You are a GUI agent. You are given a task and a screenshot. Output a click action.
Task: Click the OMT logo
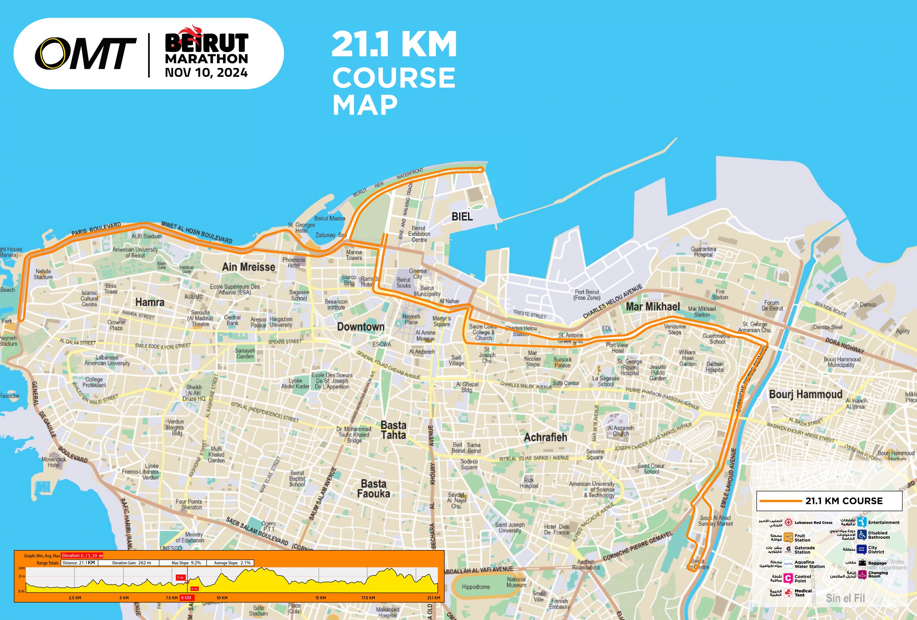point(85,54)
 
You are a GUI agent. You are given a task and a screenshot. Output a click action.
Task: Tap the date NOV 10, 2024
point(206,73)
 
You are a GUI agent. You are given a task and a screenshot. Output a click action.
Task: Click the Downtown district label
point(360,327)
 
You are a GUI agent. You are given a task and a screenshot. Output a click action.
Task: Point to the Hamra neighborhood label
point(149,302)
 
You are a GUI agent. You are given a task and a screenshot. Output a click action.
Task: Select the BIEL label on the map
point(462,216)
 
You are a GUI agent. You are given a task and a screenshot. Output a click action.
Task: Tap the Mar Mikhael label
point(653,306)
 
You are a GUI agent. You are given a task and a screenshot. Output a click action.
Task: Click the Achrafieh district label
point(545,437)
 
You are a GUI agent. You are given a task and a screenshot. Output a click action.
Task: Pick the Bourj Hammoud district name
point(805,394)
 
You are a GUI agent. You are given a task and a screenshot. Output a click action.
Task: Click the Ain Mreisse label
point(248,267)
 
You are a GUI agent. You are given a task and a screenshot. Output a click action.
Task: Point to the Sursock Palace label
point(562,362)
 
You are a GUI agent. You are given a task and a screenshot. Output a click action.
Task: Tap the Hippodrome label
point(476,587)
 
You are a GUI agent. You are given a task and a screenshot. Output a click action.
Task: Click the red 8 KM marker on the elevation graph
point(186,598)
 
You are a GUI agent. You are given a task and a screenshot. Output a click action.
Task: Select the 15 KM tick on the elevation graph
point(320,598)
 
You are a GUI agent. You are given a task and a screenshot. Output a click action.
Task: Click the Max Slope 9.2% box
point(186,563)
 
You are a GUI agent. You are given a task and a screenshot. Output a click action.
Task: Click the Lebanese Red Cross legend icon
point(788,522)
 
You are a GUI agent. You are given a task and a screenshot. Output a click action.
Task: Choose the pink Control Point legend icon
point(788,578)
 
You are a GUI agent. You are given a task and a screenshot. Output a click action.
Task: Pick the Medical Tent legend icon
point(788,593)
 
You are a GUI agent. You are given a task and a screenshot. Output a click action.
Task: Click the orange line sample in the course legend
point(781,501)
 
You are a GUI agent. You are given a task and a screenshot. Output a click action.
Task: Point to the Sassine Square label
point(595,454)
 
